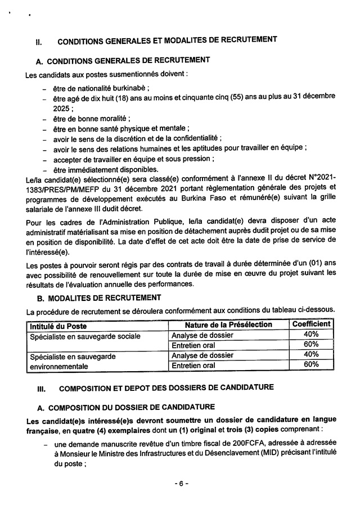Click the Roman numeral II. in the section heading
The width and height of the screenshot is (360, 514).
[39, 41]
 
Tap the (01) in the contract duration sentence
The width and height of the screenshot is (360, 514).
[294, 264]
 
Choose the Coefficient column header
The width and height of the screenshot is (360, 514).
[311, 324]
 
